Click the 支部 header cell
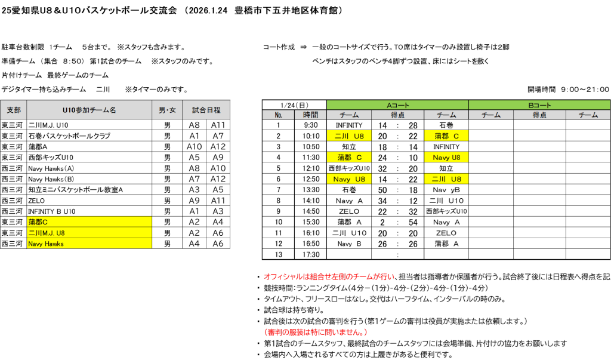(13, 110)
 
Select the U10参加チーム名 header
(89, 110)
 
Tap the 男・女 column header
(167, 110)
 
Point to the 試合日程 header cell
(206, 110)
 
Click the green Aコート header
(397, 105)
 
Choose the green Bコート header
(539, 105)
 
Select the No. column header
(278, 115)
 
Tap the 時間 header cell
(310, 115)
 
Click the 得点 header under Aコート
(397, 115)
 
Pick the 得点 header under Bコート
(539, 115)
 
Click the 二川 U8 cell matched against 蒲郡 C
(349, 136)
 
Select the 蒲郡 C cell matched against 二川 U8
(446, 136)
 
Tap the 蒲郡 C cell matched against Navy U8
(349, 158)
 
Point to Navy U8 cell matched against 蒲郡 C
(446, 158)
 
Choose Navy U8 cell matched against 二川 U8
(349, 179)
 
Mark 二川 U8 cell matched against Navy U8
(446, 179)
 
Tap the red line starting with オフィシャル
(329, 277)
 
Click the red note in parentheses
(316, 332)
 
